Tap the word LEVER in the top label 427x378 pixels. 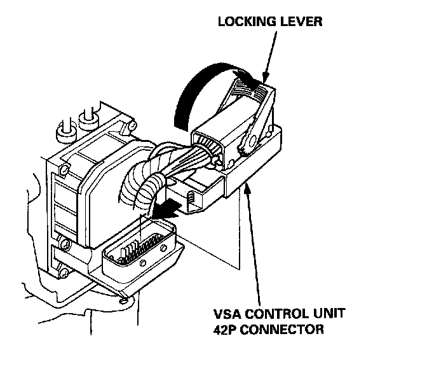tap(302, 22)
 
